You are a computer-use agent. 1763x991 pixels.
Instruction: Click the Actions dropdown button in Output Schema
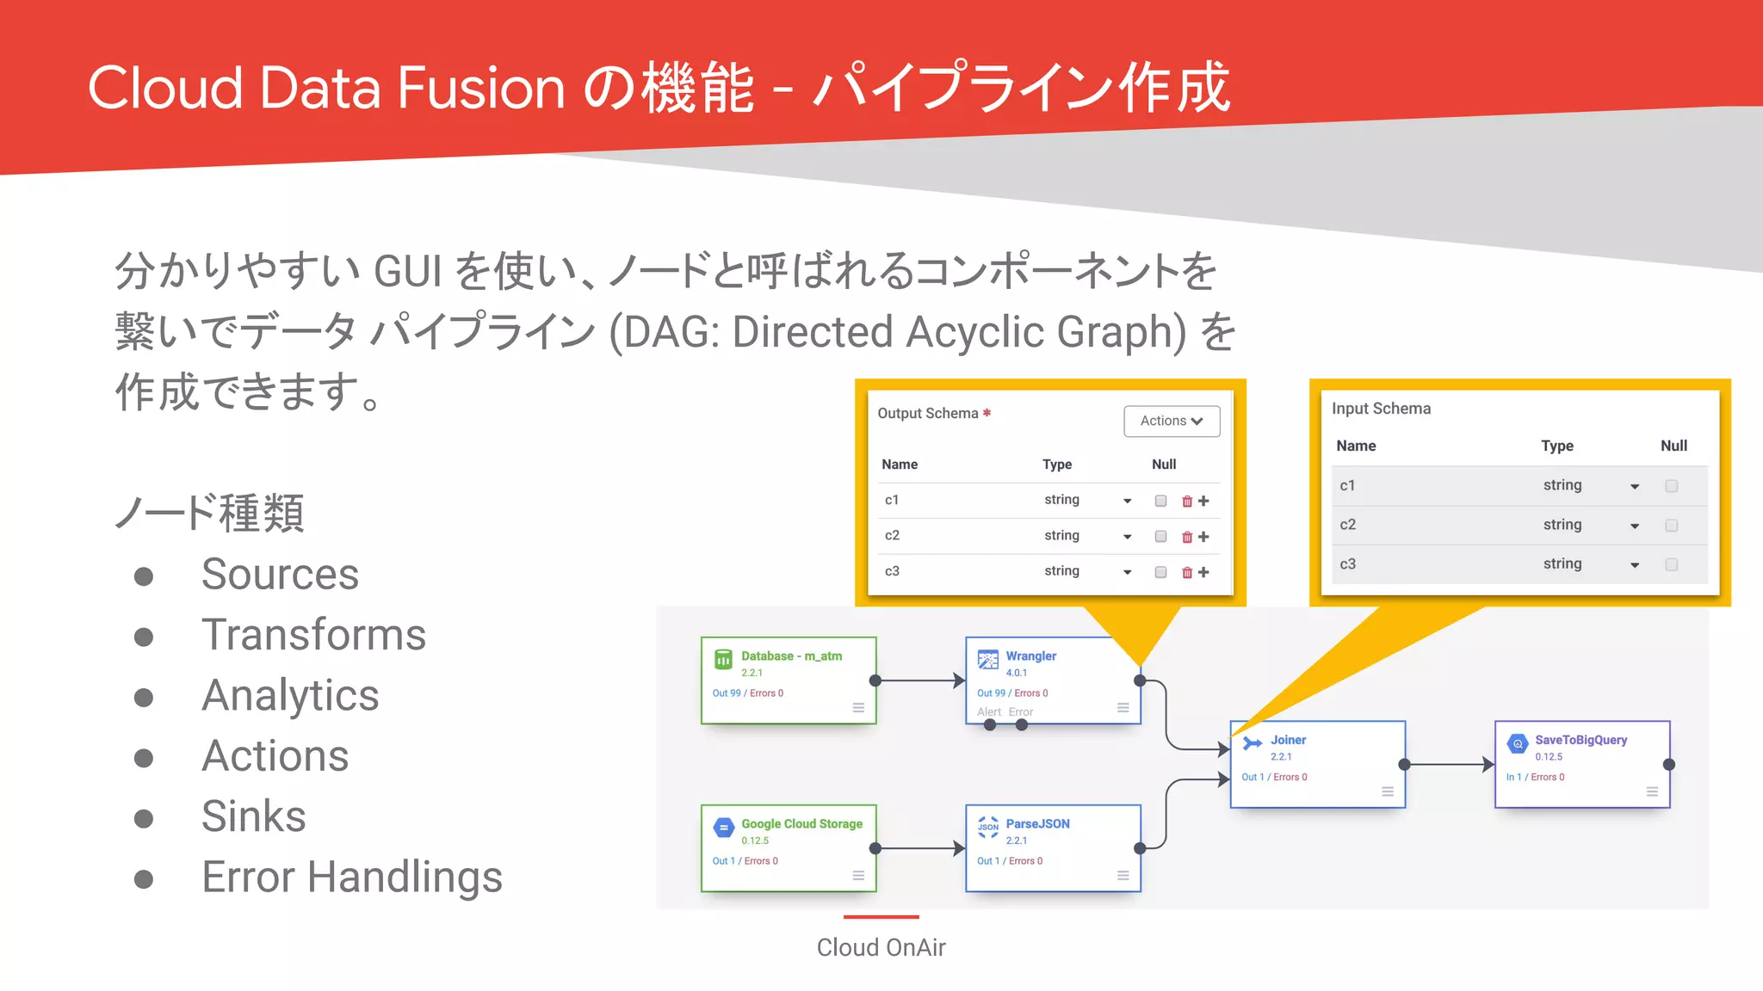click(1172, 421)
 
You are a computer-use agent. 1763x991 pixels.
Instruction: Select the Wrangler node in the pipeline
click(1052, 680)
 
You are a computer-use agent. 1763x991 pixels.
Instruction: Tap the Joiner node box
click(1317, 764)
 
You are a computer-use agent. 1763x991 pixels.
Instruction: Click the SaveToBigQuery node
click(1581, 764)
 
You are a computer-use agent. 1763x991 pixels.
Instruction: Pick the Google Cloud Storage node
click(788, 847)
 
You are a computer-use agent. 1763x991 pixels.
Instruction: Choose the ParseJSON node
click(1052, 847)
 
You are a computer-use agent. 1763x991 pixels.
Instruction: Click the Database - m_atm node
click(788, 680)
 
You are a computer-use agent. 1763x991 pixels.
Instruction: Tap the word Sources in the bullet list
click(280, 574)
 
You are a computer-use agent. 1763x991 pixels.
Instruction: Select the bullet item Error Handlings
click(351, 877)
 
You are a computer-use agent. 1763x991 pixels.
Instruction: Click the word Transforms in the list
click(313, 635)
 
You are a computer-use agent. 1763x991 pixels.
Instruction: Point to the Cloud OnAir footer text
click(881, 947)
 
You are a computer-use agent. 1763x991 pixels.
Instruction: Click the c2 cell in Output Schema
click(892, 535)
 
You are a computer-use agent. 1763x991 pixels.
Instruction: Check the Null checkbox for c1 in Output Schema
click(1160, 501)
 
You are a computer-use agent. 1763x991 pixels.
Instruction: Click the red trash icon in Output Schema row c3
click(1187, 572)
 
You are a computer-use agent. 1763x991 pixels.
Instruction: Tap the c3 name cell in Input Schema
click(1347, 564)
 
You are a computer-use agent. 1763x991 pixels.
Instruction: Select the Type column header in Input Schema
click(1556, 446)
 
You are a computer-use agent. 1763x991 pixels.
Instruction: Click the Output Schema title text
click(927, 413)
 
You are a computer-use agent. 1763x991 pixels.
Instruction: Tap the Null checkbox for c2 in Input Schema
click(1671, 525)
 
